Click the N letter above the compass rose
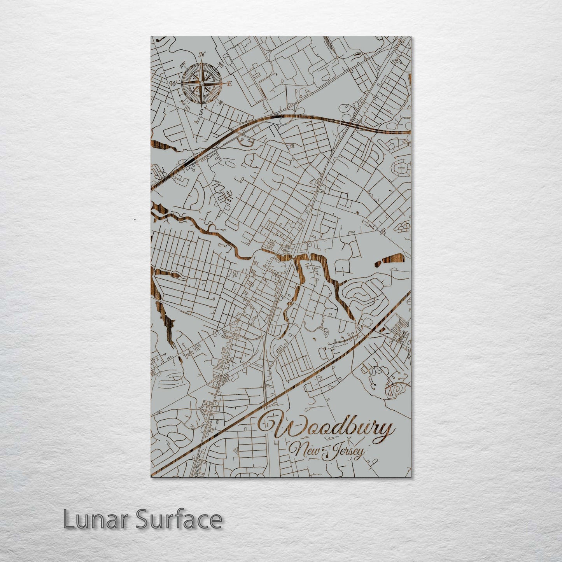[x=202, y=54]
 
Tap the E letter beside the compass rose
[x=229, y=83]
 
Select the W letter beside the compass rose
[x=173, y=83]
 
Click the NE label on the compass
[x=221, y=65]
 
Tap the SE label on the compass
[x=220, y=102]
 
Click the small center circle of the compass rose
[x=201, y=83]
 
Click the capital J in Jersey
[x=329, y=453]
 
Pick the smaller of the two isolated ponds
[x=378, y=264]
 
